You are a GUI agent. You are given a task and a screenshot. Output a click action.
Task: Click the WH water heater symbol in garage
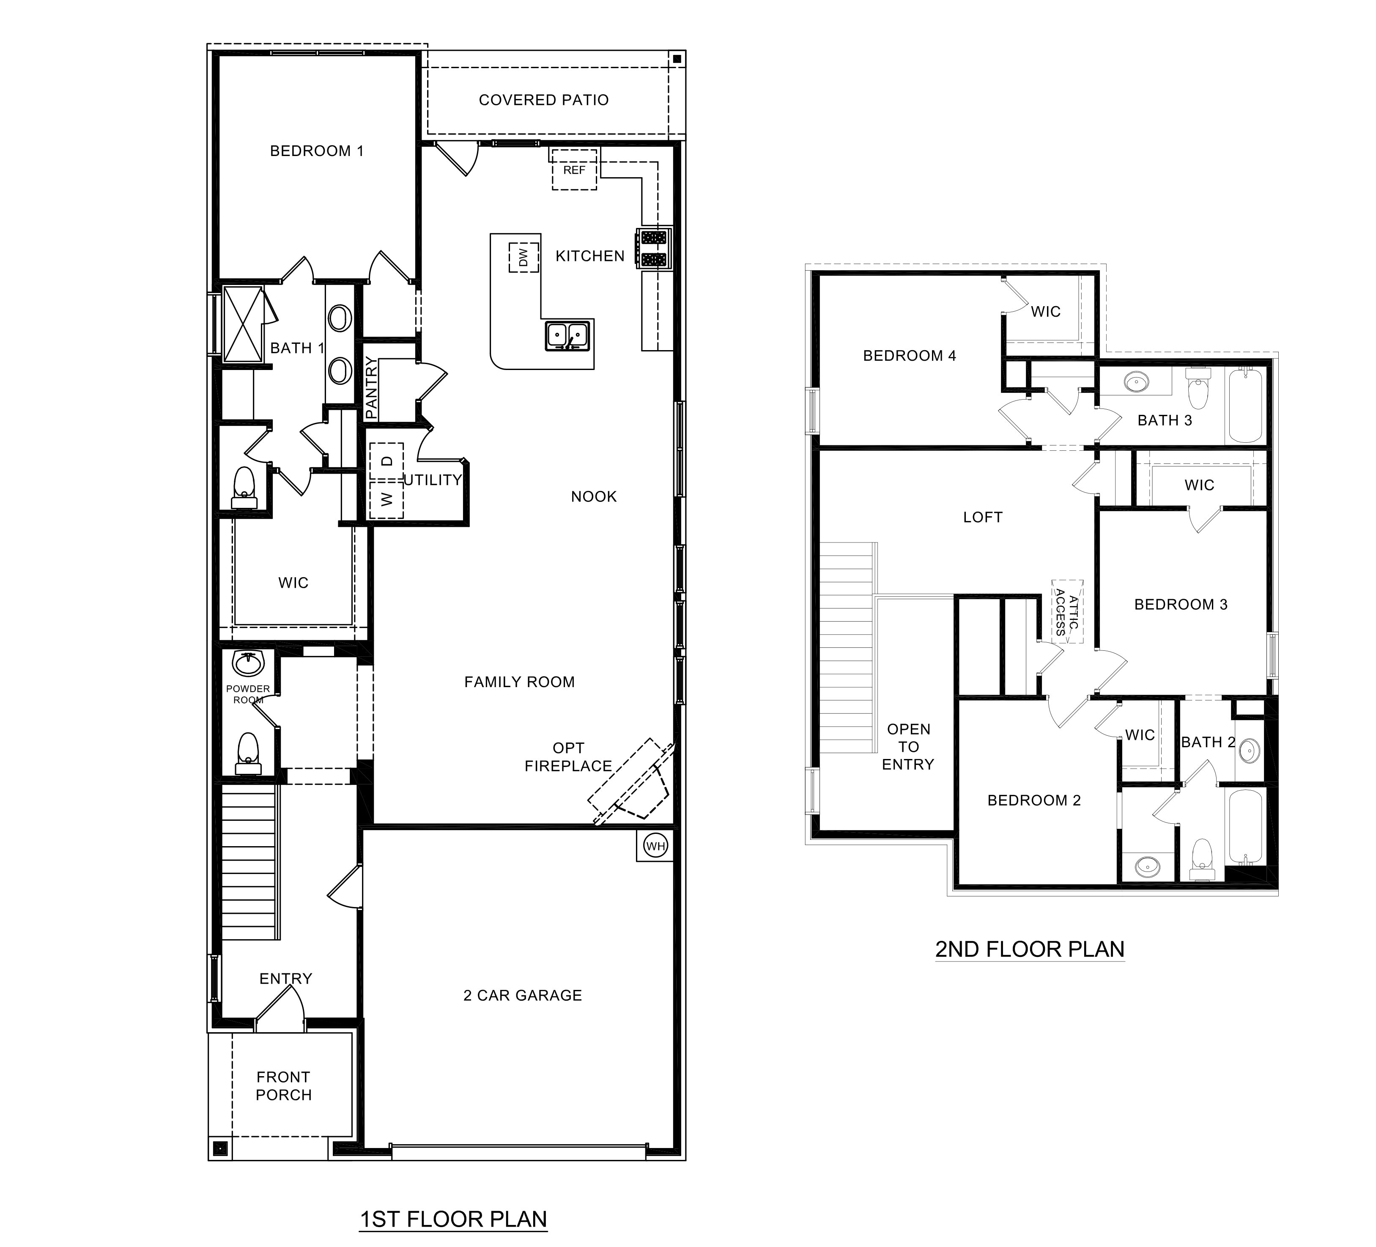[x=655, y=847]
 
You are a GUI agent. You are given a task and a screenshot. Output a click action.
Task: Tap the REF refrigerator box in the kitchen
[x=574, y=170]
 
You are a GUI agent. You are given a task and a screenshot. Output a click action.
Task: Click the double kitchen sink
[x=567, y=336]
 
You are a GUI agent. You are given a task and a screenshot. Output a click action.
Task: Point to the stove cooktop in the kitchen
[x=654, y=249]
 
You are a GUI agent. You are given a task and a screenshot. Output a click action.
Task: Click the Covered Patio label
[x=543, y=100]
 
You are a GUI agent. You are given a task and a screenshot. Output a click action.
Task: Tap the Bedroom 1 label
[x=317, y=151]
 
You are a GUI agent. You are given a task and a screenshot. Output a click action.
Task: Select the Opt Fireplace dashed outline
[x=629, y=783]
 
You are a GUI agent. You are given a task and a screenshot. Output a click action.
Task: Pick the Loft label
[x=982, y=518]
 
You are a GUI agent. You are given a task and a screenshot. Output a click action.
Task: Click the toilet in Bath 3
[x=1198, y=389]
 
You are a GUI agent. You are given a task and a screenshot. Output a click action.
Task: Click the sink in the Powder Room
[x=248, y=663]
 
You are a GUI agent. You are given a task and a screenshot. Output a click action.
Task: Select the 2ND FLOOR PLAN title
[x=1029, y=949]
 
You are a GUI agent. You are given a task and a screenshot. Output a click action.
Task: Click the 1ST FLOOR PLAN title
[x=453, y=1219]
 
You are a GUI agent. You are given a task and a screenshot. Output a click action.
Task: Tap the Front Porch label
[x=283, y=1086]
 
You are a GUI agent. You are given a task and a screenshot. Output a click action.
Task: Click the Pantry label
[x=370, y=387]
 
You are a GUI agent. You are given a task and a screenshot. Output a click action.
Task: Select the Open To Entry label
[x=908, y=747]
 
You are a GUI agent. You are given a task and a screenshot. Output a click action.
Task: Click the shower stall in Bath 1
[x=243, y=325]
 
